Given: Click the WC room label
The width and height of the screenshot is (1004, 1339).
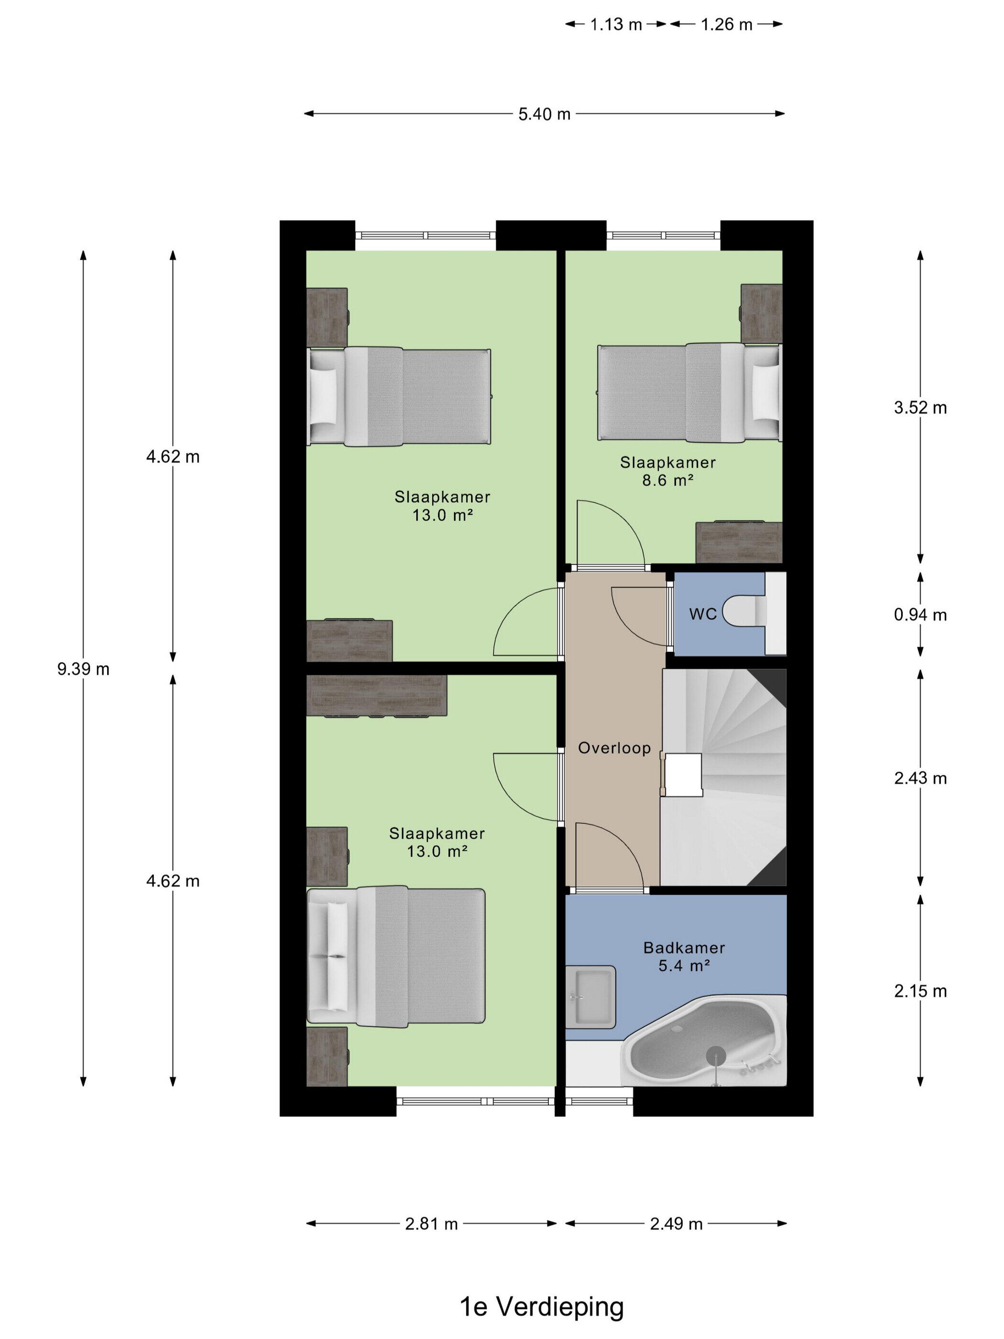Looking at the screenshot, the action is pos(703,614).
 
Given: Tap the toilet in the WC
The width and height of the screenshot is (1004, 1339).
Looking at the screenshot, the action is pos(749,611).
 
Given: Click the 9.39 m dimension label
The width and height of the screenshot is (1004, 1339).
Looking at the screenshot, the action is pos(84,669).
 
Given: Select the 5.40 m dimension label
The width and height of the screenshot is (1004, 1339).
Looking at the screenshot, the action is pos(544,114).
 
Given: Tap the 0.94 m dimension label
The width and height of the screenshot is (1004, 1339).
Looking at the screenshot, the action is pos(920,615).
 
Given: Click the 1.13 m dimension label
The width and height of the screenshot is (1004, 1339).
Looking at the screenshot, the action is pos(615,24).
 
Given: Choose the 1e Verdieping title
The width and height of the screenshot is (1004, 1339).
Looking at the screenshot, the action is pos(542,1307).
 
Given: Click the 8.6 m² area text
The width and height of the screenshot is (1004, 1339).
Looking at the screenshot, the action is pos(667,481).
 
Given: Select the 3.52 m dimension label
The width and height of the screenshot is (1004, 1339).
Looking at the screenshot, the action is pos(920,407).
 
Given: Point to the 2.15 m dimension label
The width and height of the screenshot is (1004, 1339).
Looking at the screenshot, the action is pos(920,991).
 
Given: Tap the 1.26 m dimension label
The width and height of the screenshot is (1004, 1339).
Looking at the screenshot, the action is pos(726,24).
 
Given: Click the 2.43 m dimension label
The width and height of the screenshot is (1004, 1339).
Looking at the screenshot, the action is pos(920,778).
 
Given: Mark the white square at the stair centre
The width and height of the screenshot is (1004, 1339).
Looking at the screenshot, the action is pos(683,775).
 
